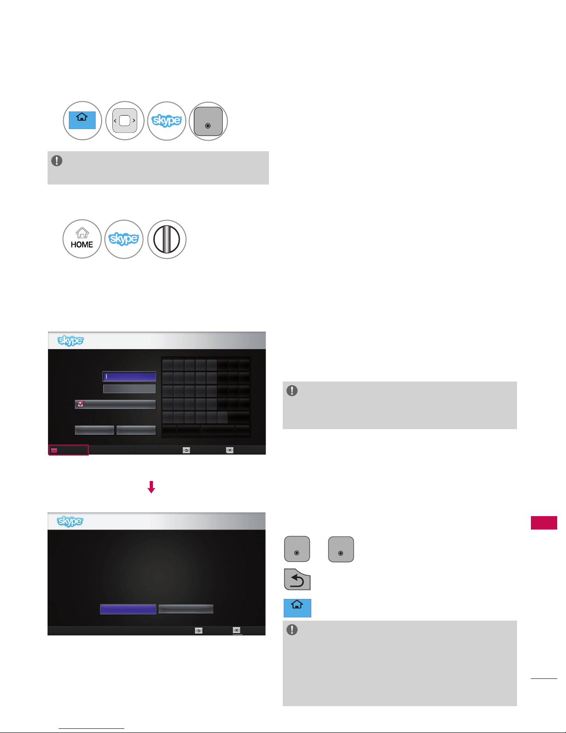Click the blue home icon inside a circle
[x=82, y=120]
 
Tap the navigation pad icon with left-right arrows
[x=125, y=120]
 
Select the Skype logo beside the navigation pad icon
[x=167, y=120]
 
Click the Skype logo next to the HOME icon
[x=124, y=239]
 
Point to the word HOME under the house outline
[x=82, y=245]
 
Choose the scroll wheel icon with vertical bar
[x=166, y=239]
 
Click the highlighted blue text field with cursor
[x=129, y=376]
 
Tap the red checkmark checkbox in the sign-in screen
[x=81, y=403]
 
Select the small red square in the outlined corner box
[x=54, y=450]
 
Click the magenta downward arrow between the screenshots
[x=151, y=487]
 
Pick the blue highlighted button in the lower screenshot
[x=128, y=609]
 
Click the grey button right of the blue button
[x=186, y=609]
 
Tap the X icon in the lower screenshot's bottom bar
[x=237, y=630]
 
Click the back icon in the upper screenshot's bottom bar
[x=186, y=450]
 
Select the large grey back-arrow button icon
[x=297, y=579]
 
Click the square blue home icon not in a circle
[x=297, y=608]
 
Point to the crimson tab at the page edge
[x=544, y=523]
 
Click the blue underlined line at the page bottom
[x=91, y=728]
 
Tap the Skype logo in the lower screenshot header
[x=70, y=521]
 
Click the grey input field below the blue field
[x=129, y=389]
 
